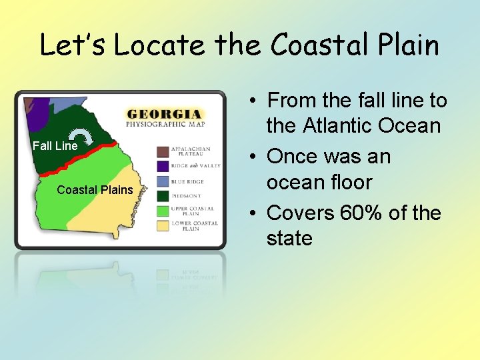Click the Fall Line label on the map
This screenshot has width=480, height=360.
[x=55, y=146]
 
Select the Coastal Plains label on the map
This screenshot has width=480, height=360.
[x=95, y=190]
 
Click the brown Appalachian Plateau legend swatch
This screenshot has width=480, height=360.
[x=163, y=151]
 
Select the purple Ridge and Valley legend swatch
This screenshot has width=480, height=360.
[x=163, y=166]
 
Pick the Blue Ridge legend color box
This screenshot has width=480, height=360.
[x=163, y=181]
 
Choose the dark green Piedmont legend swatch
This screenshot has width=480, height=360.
[x=163, y=195]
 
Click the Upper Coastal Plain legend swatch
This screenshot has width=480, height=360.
[x=163, y=211]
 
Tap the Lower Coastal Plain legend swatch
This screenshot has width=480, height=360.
[x=163, y=225]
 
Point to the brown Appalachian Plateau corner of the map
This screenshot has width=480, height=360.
[x=29, y=104]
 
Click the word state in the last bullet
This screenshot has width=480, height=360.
[x=289, y=238]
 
